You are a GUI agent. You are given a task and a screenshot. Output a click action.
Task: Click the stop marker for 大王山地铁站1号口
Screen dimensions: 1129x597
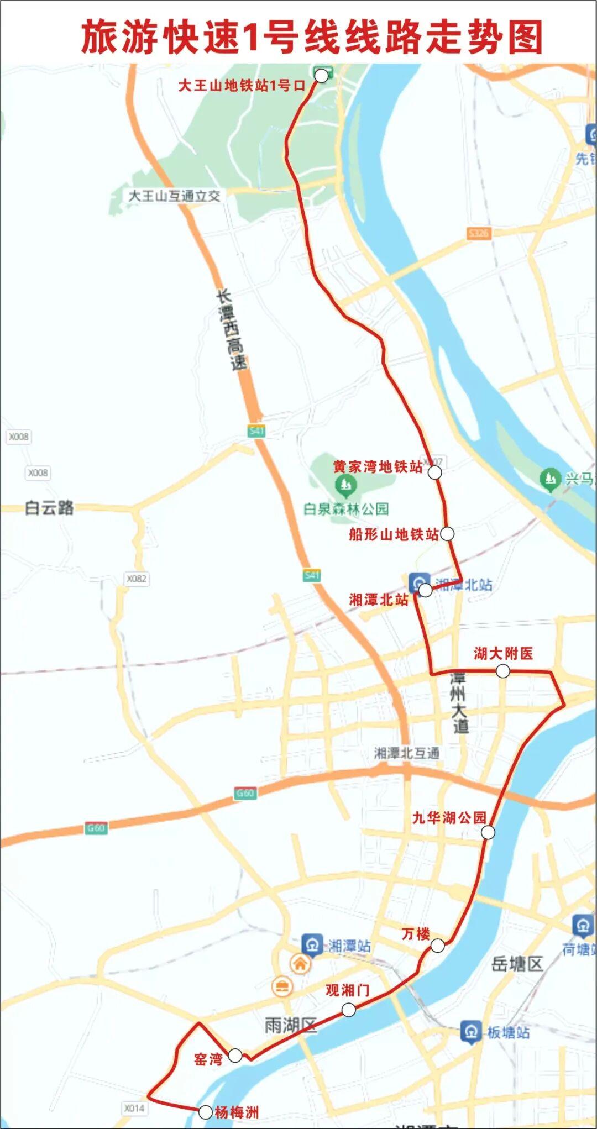[321, 76]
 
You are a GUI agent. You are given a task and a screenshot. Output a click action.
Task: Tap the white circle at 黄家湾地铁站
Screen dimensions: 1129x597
[435, 472]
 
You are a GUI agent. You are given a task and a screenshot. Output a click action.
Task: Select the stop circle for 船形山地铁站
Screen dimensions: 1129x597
[447, 533]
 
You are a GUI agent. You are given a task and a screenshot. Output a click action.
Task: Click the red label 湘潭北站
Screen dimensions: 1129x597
[378, 600]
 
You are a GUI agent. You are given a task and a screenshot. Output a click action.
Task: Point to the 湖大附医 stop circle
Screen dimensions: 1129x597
[502, 671]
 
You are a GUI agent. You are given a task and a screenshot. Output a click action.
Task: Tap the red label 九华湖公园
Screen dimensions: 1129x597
[449, 817]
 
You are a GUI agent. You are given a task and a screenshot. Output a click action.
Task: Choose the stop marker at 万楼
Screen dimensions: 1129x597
[437, 946]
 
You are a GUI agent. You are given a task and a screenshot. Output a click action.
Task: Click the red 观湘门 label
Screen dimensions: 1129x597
[347, 990]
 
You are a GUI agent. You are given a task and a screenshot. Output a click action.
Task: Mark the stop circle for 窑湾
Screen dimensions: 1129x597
[235, 1055]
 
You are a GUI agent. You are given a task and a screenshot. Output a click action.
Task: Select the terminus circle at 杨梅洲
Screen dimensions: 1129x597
[205, 1112]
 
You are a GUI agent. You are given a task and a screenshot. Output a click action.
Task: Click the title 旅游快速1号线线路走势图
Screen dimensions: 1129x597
[312, 38]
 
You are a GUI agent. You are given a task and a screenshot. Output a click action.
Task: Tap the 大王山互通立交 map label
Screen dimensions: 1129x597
[174, 196]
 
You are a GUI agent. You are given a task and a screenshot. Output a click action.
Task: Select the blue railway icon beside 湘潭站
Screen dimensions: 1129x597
[312, 946]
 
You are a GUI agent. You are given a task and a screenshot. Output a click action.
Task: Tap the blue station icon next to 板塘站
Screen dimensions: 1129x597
[471, 1032]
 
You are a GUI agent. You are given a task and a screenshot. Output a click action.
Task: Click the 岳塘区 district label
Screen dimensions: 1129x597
[517, 964]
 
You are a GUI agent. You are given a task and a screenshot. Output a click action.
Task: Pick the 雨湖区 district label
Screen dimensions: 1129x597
[291, 1026]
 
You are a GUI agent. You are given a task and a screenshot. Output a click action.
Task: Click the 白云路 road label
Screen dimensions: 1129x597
[49, 507]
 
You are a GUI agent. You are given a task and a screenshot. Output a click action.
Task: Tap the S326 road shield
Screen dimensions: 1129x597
[478, 233]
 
